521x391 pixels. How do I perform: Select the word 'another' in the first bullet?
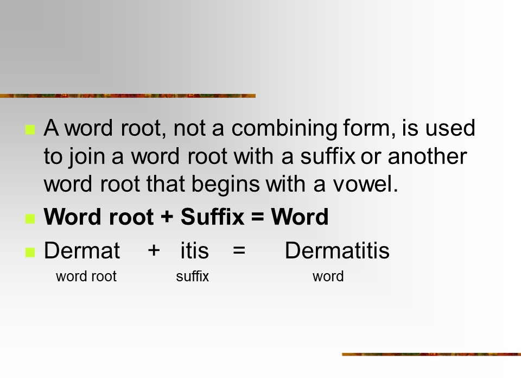427,156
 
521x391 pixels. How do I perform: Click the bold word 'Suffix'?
213,217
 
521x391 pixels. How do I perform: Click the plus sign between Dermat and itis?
154,250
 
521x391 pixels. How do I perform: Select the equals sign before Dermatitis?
239,250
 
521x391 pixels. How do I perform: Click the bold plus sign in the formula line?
167,217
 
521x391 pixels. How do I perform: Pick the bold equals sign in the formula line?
257,217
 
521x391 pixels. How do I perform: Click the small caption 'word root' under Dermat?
86,276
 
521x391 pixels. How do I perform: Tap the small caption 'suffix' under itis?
192,276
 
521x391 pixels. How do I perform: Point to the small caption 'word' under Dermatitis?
328,276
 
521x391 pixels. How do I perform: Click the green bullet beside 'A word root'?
30,130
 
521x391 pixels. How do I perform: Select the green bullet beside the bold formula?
30,218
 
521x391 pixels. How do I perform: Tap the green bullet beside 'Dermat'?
30,253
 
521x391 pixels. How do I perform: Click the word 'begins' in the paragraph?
226,185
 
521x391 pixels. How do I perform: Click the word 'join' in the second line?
87,157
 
